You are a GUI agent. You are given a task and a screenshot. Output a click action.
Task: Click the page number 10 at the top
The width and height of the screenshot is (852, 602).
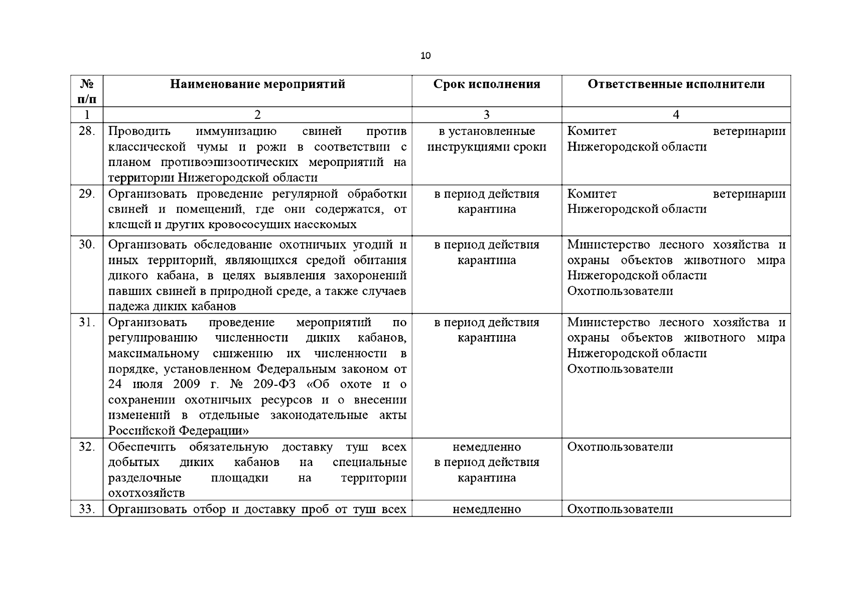pos(425,56)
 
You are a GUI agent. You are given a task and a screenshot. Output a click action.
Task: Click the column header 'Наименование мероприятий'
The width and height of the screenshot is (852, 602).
pos(257,84)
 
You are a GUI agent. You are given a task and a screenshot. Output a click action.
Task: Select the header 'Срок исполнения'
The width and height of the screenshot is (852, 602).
pos(487,84)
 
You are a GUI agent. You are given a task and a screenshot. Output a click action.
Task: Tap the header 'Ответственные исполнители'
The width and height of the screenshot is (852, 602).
pos(676,84)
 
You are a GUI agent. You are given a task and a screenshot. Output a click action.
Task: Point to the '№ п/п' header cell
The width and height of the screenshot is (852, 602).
pos(87,91)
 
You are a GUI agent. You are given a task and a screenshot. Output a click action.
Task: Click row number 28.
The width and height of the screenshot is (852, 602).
pos(87,131)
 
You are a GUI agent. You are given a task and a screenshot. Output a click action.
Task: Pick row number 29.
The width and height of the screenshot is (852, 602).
pos(87,194)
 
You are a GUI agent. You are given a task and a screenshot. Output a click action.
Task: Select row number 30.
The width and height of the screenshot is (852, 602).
pos(87,245)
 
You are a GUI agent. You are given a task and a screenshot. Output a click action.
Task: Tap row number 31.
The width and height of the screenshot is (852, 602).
pos(87,322)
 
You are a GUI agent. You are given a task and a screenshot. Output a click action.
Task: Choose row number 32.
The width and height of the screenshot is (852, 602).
pos(87,446)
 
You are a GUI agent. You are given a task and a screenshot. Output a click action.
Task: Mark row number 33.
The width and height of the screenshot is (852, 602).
pos(87,509)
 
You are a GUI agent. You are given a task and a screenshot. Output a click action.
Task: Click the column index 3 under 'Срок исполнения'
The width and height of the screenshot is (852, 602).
pos(486,115)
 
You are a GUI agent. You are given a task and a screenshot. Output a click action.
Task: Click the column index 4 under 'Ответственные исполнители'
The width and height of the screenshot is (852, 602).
pos(676,115)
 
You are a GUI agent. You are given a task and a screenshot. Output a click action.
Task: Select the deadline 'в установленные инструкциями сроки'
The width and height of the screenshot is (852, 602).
pos(487,139)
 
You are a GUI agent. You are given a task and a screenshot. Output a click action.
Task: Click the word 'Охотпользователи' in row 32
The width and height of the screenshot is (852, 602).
pos(620,446)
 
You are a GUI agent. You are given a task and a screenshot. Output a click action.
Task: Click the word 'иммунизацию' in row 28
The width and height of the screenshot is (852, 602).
pos(236,131)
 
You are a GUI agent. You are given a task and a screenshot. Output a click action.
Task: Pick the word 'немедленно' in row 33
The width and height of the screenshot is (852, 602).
pos(487,509)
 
